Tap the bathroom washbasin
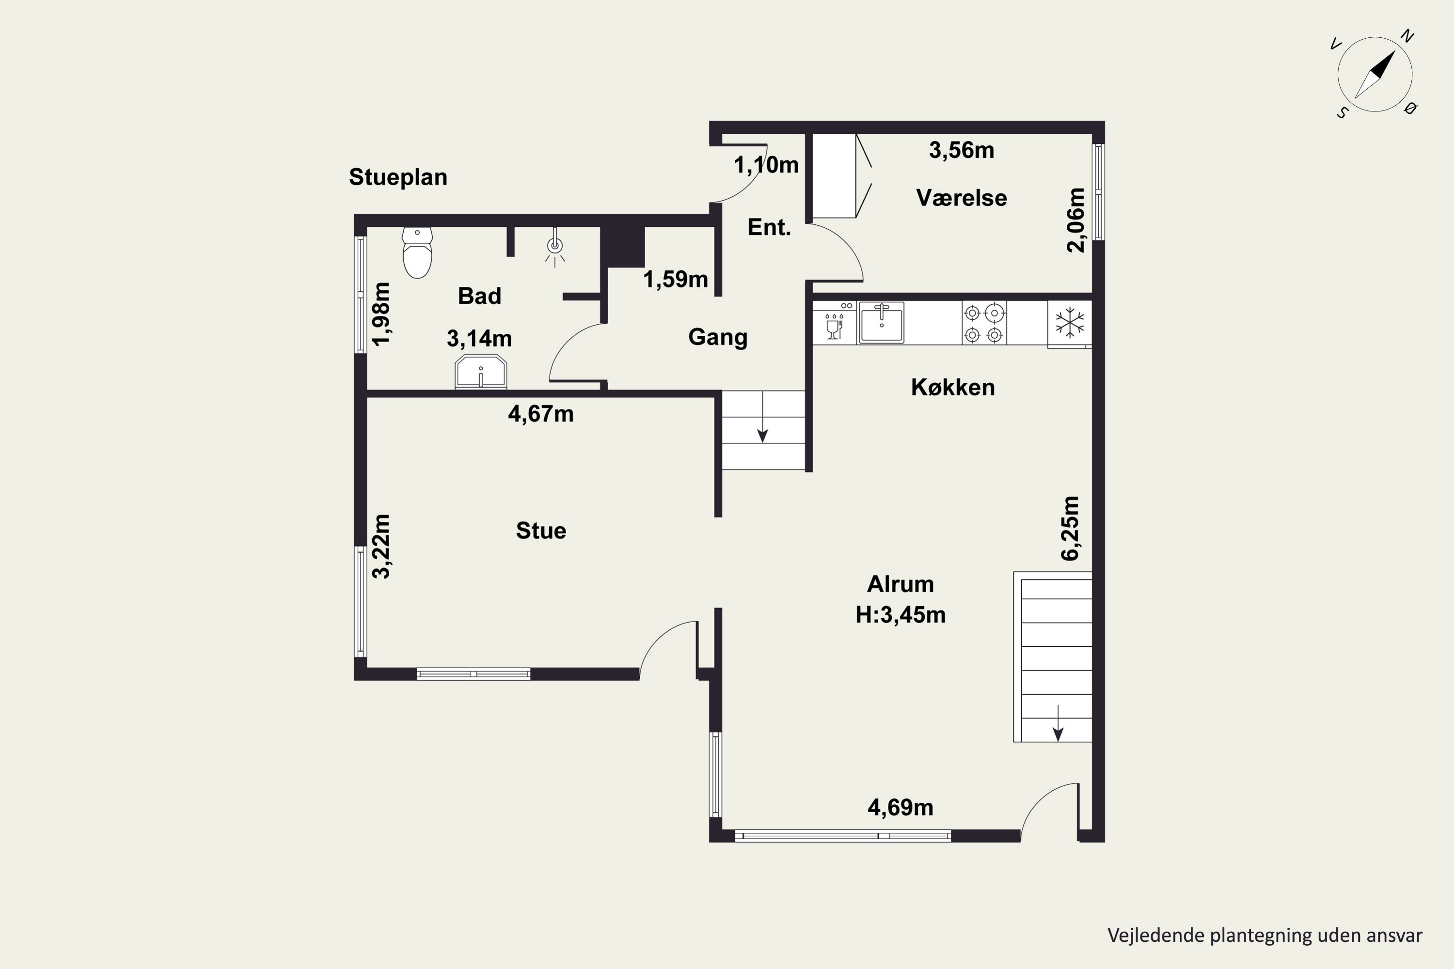tap(481, 372)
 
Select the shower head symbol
tap(555, 247)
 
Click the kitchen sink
tap(882, 323)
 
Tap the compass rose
tap(1375, 75)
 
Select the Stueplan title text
tap(398, 177)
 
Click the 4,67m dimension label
tap(541, 414)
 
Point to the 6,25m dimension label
tap(1070, 529)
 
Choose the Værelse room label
tap(961, 198)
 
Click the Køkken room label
tap(953, 388)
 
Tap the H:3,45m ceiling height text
tap(901, 615)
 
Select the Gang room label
tap(718, 337)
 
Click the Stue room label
tap(541, 531)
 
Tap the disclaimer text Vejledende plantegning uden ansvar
tap(1265, 935)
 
